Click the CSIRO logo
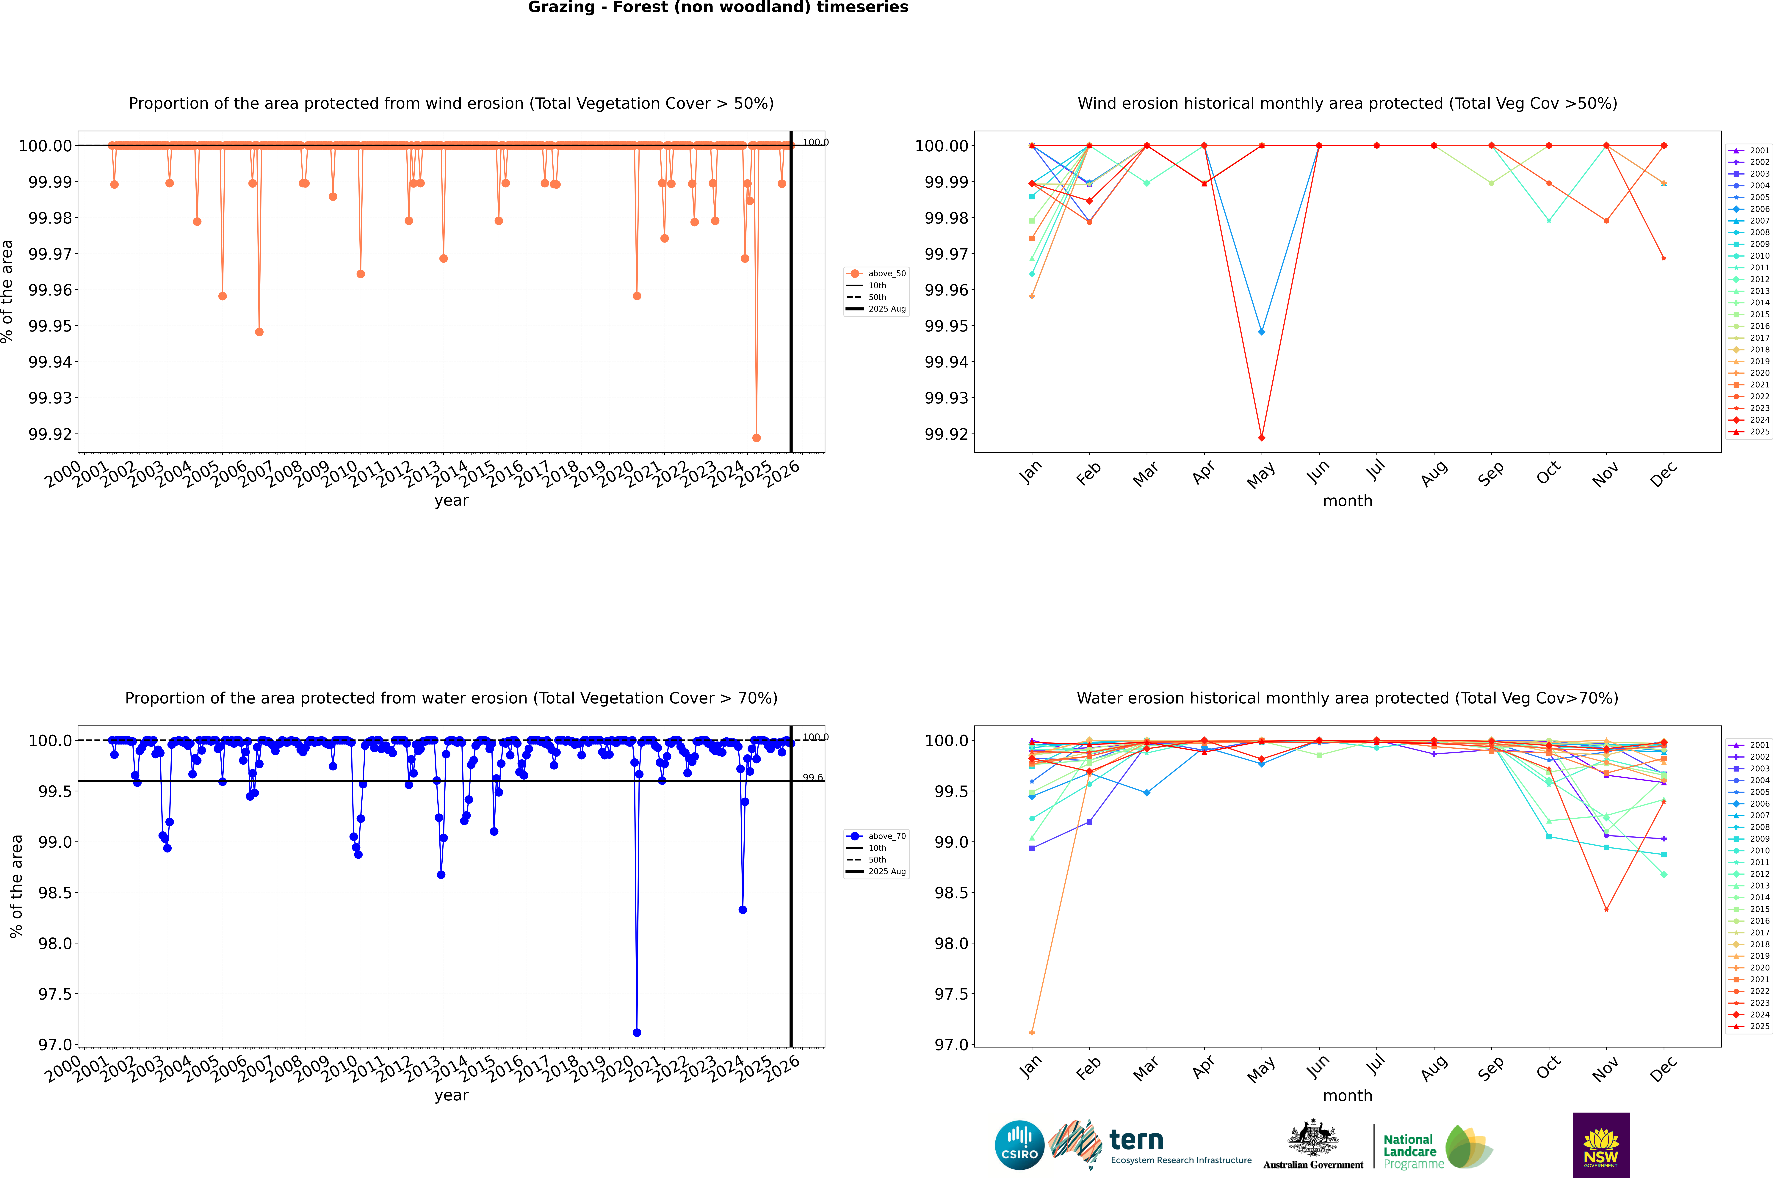click(1019, 1145)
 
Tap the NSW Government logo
click(1601, 1145)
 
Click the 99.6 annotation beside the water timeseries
click(812, 778)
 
